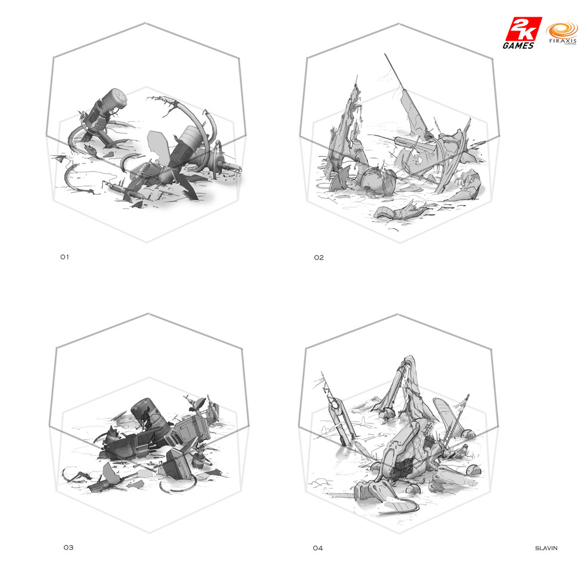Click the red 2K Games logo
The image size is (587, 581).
point(522,33)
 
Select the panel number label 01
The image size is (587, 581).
point(65,257)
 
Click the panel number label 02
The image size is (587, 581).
point(319,258)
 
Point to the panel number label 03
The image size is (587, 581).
point(68,548)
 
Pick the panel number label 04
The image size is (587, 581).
point(317,548)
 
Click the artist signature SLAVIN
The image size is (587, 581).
point(546,548)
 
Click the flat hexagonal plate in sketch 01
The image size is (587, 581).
point(157,146)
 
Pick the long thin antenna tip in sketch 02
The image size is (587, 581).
point(385,55)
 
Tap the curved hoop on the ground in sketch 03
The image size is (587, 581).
point(176,488)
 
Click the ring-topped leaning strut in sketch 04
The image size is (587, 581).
point(340,420)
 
